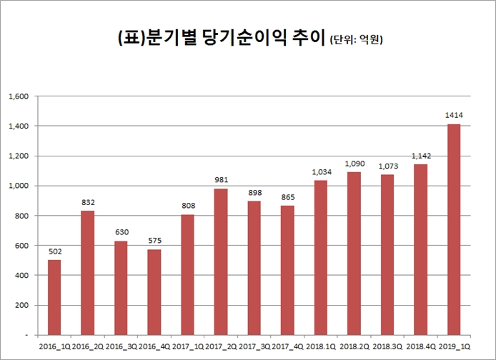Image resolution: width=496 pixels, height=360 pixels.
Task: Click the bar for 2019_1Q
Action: pos(454,229)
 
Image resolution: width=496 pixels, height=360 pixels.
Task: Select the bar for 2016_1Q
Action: pos(54,297)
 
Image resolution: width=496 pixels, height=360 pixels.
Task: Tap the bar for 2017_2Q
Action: pos(221,261)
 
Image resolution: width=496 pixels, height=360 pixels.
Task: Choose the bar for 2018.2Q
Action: pos(354,253)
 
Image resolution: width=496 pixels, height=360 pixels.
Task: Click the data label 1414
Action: pos(454,114)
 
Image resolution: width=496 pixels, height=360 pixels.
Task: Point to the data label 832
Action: pos(87,201)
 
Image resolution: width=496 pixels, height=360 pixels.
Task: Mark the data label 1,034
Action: pos(321,171)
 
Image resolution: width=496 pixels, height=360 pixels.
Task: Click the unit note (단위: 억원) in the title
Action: pos(358,41)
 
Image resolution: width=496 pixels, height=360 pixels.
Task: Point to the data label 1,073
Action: pos(387,165)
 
